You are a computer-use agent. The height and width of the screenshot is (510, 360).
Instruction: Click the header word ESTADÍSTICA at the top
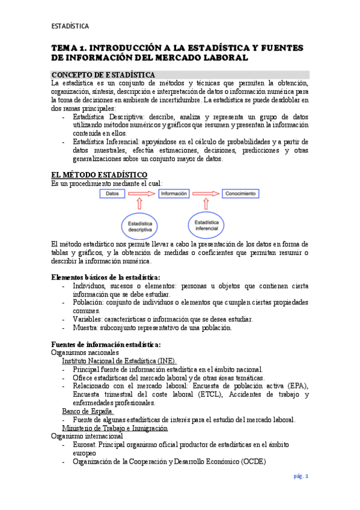click(x=70, y=26)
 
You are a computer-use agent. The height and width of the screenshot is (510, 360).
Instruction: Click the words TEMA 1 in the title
click(x=69, y=48)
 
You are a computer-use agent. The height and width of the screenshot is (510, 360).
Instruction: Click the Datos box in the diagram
click(x=112, y=194)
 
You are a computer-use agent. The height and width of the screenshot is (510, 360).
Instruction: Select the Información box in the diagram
click(x=174, y=194)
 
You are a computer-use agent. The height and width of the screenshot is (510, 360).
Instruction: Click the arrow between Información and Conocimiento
click(x=206, y=194)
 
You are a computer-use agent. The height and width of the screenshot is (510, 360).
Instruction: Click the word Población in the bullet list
click(x=87, y=303)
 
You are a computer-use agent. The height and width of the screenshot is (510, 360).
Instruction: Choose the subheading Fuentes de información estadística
click(x=106, y=343)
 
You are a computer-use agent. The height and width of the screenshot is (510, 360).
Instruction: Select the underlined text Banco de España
click(x=88, y=411)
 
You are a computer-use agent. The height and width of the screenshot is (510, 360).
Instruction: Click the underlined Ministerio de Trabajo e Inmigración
click(x=115, y=428)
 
